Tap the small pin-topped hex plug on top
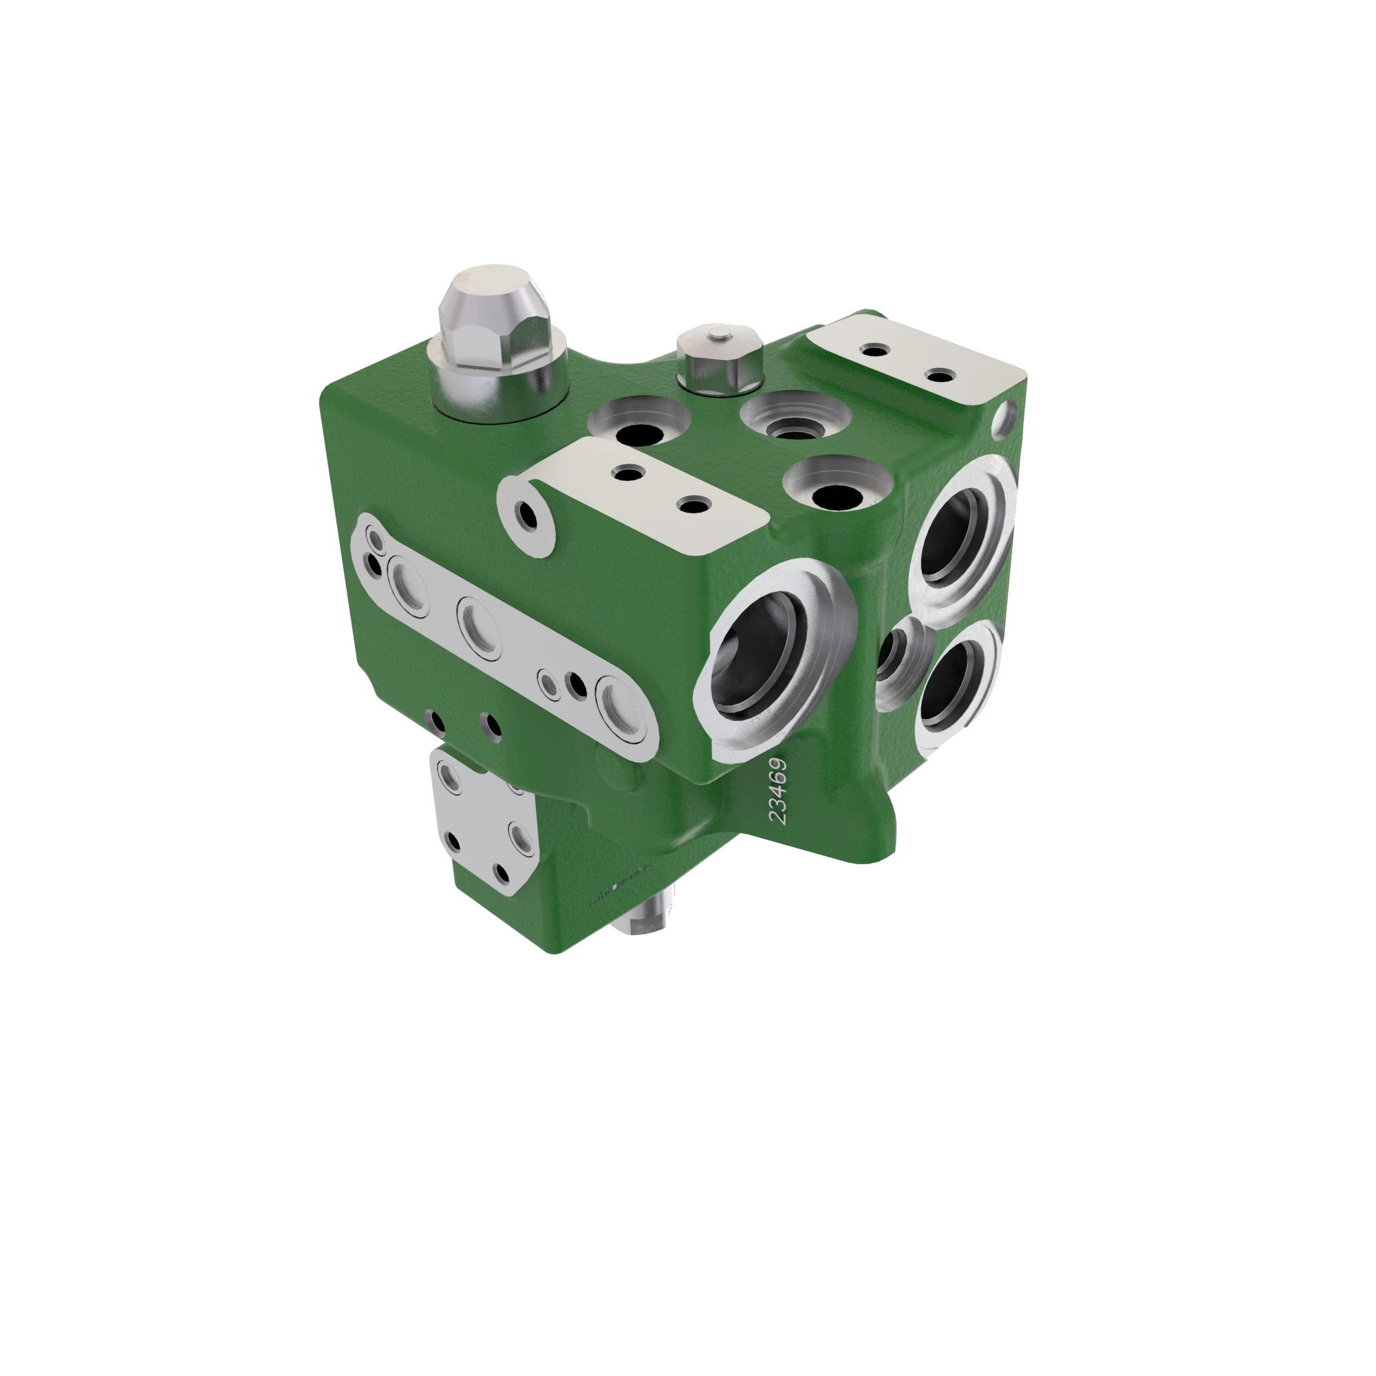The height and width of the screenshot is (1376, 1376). tap(720, 358)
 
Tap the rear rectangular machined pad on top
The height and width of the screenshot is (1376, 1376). tap(915, 363)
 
